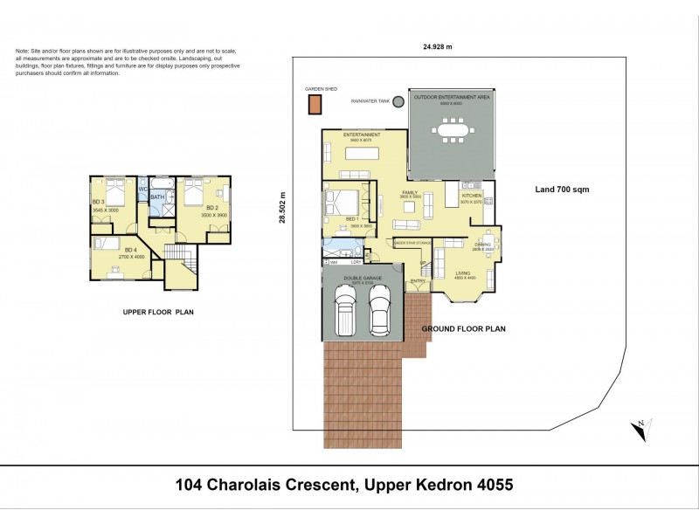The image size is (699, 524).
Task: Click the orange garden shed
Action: [x=314, y=105]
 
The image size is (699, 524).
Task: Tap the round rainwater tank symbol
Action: [x=398, y=101]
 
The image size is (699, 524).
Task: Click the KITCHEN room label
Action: [x=473, y=196]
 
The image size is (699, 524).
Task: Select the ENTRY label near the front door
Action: [x=419, y=280]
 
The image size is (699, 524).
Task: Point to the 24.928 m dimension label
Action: [x=439, y=47]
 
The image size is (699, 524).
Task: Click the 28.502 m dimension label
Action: [x=282, y=208]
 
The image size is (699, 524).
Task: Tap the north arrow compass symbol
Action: [x=640, y=429]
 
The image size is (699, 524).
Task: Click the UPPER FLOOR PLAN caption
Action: [x=157, y=311]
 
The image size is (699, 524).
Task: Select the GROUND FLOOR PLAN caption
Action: [x=464, y=329]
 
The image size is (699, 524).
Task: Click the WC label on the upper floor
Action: [x=142, y=188]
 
